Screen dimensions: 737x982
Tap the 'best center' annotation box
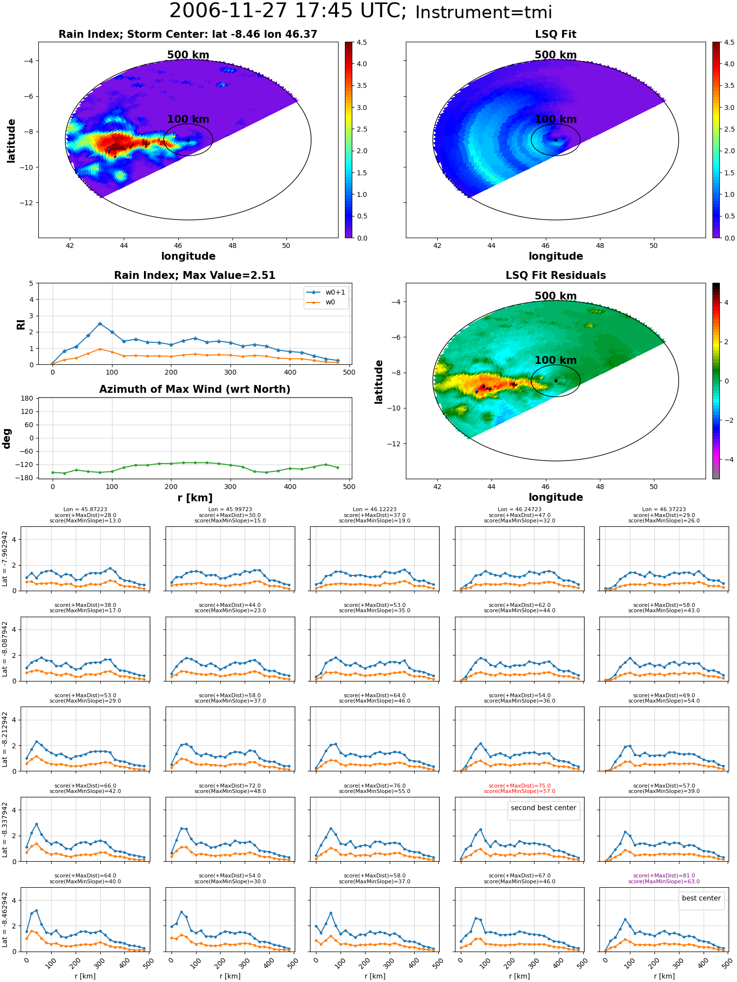click(x=701, y=898)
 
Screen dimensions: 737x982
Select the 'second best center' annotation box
click(x=543, y=808)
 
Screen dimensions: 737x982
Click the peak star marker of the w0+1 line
click(x=100, y=324)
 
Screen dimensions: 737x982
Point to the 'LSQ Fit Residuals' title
click(x=556, y=275)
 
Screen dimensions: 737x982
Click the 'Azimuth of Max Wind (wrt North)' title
click(x=195, y=389)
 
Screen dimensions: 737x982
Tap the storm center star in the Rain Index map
click(x=188, y=140)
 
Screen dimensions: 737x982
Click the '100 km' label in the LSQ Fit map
click(x=556, y=119)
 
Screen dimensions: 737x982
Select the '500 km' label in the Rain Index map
click(x=188, y=55)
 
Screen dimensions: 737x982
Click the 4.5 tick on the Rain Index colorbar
click(x=362, y=42)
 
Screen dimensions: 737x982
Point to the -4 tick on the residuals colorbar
click(x=726, y=460)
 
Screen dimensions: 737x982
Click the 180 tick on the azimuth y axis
click(x=27, y=398)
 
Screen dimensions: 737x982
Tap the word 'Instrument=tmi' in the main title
click(x=483, y=12)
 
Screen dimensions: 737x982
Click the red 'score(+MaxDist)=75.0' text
click(x=519, y=786)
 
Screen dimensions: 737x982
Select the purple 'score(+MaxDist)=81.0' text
click(x=664, y=875)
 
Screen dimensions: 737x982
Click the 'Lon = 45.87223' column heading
click(x=85, y=510)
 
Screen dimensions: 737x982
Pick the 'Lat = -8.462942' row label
click(x=5, y=919)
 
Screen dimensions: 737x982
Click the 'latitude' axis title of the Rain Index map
click(x=11, y=140)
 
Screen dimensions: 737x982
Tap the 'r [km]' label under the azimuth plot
click(x=195, y=498)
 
